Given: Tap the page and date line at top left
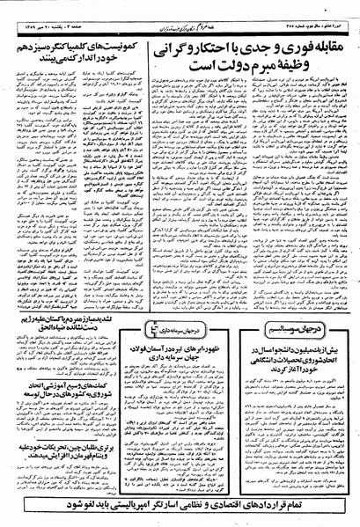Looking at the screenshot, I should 44,8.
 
